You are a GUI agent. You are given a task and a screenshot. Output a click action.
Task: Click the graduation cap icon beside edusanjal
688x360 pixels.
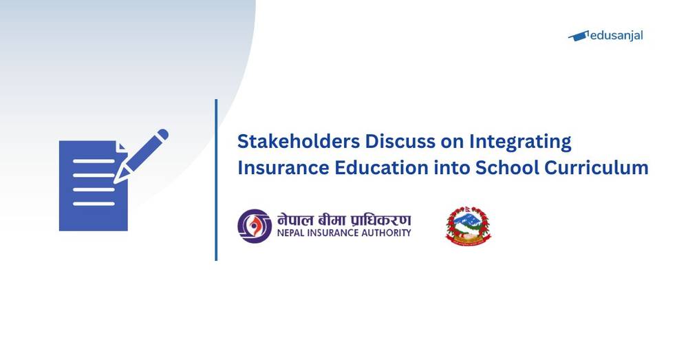click(580, 35)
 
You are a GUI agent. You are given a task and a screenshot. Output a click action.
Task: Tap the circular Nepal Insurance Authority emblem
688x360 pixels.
click(255, 226)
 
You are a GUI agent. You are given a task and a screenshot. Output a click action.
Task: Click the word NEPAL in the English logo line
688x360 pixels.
click(292, 233)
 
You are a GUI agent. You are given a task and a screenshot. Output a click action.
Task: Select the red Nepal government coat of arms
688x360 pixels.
click(469, 226)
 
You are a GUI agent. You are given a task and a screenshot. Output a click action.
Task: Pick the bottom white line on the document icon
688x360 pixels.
click(93, 204)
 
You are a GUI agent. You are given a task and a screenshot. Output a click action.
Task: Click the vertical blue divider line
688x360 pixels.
click(216, 180)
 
